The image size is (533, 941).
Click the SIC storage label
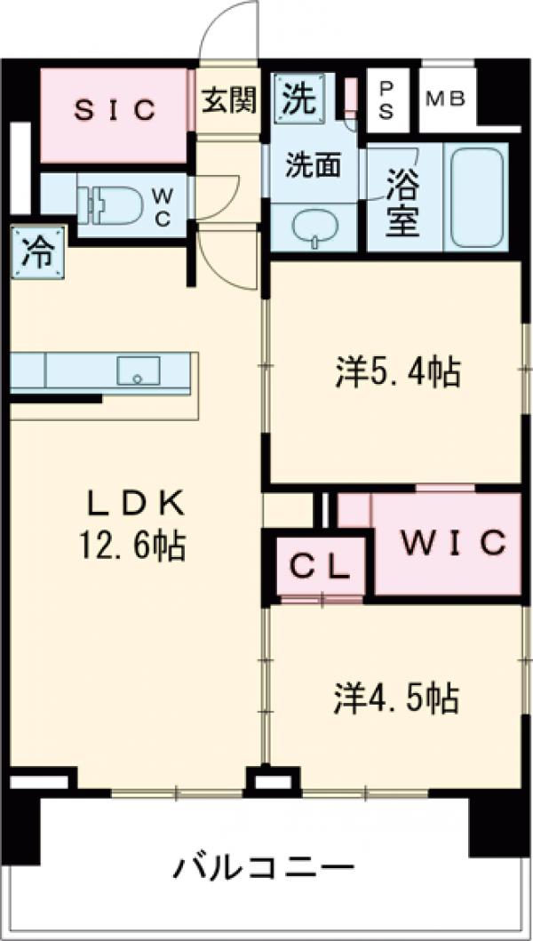115,110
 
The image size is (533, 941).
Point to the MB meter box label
448,99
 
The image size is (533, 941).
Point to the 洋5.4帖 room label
397,372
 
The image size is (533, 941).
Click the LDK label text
135,505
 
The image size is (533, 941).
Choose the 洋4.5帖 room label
396,698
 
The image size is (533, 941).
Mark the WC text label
163,207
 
